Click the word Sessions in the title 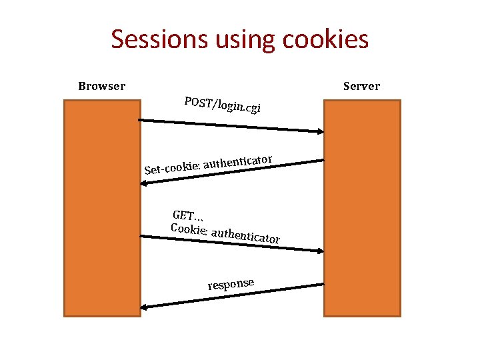pyautogui.click(x=160, y=39)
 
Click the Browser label pyautogui.click(x=101, y=86)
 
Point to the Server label pyautogui.click(x=361, y=86)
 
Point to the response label pyautogui.click(x=231, y=284)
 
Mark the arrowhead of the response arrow pyautogui.click(x=144, y=307)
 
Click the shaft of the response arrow pyautogui.click(x=233, y=296)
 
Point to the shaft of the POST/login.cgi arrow pyautogui.click(x=230, y=125)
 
